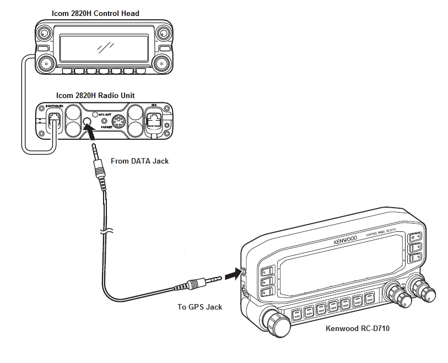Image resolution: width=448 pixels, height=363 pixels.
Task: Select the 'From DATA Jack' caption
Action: point(139,161)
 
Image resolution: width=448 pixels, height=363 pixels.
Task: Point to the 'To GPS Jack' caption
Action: point(199,307)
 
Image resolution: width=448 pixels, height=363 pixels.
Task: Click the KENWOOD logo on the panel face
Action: point(345,240)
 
